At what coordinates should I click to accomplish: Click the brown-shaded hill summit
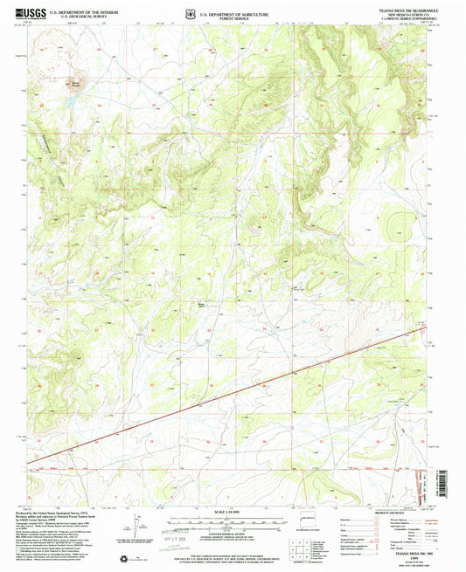pos(75,85)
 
